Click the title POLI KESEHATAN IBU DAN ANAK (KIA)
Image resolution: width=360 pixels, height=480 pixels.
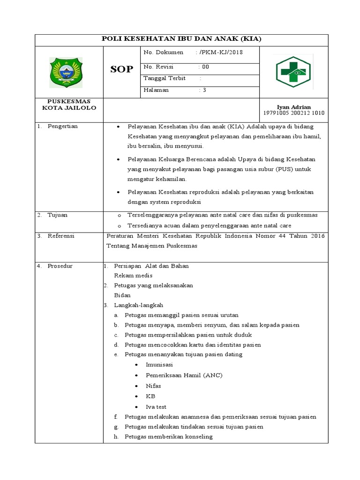182,39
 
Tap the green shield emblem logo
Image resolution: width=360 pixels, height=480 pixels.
66,72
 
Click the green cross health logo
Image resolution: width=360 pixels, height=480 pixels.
293,72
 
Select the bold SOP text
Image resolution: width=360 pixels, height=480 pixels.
121,70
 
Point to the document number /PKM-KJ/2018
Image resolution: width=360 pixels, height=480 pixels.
221,53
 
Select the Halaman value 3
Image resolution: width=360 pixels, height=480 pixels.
204,90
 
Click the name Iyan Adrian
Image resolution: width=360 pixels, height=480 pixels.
294,107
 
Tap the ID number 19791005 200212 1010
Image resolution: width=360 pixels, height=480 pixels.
294,113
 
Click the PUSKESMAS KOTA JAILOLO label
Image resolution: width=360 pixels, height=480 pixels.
69,105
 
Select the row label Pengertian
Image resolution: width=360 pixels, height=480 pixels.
62,126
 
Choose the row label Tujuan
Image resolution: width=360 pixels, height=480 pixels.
57,215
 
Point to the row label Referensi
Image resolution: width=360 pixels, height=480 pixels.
61,236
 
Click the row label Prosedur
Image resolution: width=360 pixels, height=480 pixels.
60,266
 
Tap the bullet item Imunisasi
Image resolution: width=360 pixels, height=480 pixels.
160,365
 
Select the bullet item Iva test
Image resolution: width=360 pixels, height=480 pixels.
156,407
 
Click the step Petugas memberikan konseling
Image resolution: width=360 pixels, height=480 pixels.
168,437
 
